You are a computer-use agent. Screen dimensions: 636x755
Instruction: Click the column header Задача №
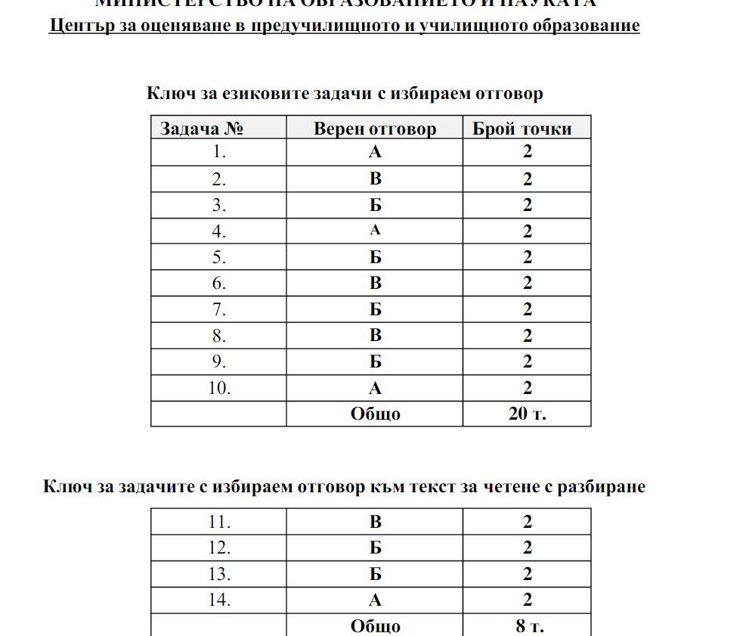coord(202,129)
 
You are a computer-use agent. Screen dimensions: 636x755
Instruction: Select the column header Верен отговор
coord(375,129)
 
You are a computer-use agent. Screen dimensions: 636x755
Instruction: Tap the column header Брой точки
coord(522,129)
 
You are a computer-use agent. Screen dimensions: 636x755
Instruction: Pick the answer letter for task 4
coord(375,231)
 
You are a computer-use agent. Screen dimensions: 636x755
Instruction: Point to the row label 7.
coord(219,310)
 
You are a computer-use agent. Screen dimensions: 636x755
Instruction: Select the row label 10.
coord(219,389)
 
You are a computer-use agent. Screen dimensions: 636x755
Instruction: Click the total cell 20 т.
coord(527,414)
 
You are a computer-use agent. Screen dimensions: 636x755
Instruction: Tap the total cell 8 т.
coord(527,626)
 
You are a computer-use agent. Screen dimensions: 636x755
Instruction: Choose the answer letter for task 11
coord(375,522)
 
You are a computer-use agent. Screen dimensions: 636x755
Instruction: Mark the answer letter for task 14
coord(375,600)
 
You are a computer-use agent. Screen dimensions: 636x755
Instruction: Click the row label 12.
coord(219,548)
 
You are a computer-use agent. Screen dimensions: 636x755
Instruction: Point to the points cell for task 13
coord(527,574)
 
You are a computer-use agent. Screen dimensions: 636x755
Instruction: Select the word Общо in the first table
coord(375,414)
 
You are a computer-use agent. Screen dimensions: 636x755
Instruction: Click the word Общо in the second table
coord(375,626)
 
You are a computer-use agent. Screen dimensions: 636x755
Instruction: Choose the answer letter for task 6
coord(375,284)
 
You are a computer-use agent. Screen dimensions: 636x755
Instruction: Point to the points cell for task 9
coord(527,362)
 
